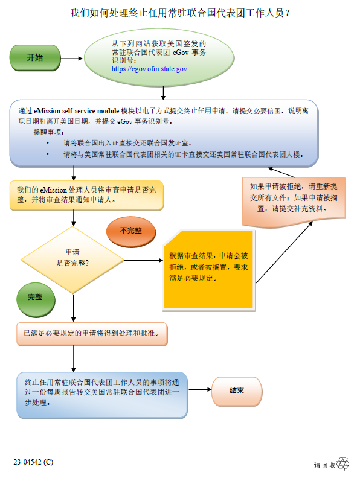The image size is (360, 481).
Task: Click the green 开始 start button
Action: coord(35,58)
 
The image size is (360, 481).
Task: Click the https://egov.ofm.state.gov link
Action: coord(149,69)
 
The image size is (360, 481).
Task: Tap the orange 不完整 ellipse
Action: coord(131,232)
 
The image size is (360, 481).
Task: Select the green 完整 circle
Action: coord(36,300)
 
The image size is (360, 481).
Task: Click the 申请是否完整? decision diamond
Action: coord(72,260)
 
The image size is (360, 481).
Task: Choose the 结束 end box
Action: coord(237,392)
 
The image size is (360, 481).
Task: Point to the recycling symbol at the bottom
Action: coord(342,463)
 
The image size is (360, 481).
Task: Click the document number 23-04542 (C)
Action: coord(33,462)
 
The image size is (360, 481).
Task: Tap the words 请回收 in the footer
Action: coord(324,465)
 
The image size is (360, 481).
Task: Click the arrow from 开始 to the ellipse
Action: coord(72,59)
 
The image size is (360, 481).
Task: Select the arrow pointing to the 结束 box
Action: coord(200,390)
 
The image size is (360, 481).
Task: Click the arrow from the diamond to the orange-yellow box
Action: coord(143,261)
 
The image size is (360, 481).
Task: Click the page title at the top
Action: coord(180,13)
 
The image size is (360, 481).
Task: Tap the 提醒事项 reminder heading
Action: coord(49,132)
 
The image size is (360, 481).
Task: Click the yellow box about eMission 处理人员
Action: coord(87,196)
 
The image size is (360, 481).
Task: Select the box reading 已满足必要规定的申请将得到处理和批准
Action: coord(92,334)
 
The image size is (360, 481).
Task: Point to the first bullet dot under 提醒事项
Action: coord(48,142)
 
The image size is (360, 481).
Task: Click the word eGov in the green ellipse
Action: coord(181,53)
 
